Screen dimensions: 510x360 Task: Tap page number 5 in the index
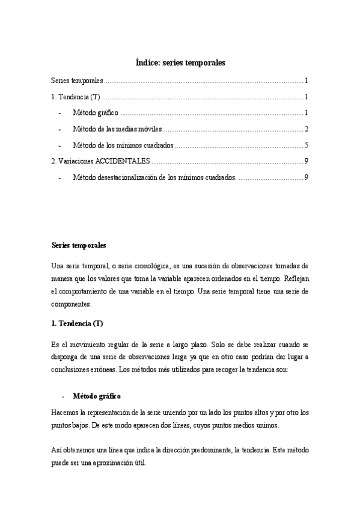point(306,145)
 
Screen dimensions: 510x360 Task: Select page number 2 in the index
point(306,129)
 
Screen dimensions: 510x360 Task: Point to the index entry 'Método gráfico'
point(96,112)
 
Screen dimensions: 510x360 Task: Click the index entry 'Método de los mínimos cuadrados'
point(123,145)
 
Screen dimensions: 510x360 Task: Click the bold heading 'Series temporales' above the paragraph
point(79,245)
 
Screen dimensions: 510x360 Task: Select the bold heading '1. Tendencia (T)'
point(77,324)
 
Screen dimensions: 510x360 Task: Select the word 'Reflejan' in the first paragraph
point(294,278)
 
